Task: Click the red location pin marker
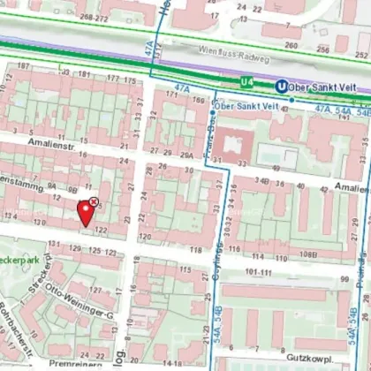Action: click(86, 212)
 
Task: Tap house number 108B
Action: click(307, 254)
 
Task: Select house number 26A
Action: click(185, 154)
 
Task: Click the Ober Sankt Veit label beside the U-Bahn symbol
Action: click(322, 87)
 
